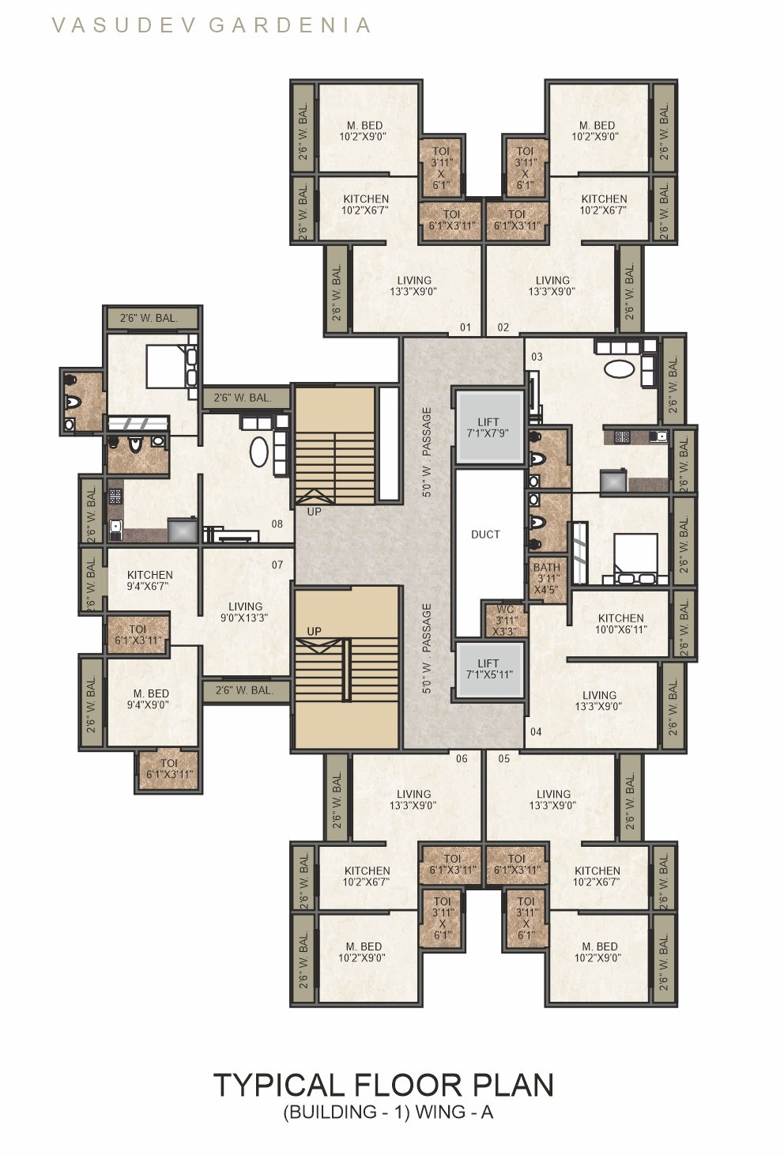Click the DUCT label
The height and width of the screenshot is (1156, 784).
485,535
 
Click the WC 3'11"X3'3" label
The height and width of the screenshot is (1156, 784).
505,621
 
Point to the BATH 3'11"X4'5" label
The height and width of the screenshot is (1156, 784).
546,578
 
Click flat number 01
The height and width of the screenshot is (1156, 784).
465,327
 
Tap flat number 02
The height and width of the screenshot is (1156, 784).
503,327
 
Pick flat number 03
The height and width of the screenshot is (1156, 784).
537,357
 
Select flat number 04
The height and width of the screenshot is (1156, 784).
537,731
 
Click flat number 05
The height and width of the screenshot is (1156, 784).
503,758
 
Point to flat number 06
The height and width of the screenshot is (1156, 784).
462,758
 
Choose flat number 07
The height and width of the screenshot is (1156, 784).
277,565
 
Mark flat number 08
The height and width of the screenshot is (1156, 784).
277,523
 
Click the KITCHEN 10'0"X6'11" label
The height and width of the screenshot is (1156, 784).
620,623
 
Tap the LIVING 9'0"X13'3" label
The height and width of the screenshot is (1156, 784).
245,612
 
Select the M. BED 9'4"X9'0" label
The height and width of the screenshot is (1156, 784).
149,699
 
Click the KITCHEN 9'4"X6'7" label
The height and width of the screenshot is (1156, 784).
150,580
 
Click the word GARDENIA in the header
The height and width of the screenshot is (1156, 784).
290,25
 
